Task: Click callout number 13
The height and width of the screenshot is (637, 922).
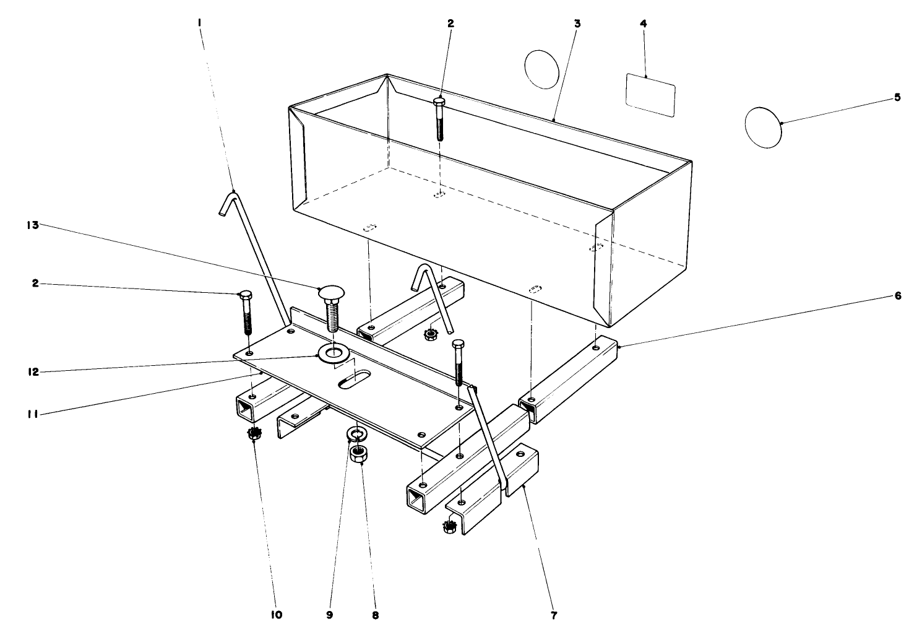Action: pyautogui.click(x=33, y=225)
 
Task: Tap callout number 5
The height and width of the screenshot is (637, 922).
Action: pyautogui.click(x=897, y=97)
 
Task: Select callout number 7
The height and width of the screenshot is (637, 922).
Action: pyautogui.click(x=554, y=615)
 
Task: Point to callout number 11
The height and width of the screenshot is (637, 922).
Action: pyautogui.click(x=33, y=415)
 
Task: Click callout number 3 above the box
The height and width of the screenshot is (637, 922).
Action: pyautogui.click(x=577, y=24)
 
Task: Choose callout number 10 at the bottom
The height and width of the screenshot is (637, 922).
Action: pyautogui.click(x=277, y=615)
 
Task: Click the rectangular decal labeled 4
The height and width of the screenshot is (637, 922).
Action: pyautogui.click(x=650, y=95)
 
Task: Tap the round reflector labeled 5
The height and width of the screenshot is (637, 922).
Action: pyautogui.click(x=763, y=128)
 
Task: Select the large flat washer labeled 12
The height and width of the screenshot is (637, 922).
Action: pyautogui.click(x=333, y=353)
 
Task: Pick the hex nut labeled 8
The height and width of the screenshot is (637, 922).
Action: pyautogui.click(x=358, y=454)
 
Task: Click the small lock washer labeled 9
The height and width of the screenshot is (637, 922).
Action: pyautogui.click(x=357, y=433)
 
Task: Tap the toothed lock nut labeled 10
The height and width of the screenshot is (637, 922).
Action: pyautogui.click(x=254, y=433)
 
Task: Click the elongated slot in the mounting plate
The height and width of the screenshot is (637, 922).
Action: pyautogui.click(x=355, y=379)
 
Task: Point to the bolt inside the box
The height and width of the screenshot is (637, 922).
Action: pyautogui.click(x=439, y=119)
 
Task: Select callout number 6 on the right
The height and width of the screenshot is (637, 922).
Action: pyautogui.click(x=898, y=296)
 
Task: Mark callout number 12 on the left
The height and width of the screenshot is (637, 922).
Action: pyautogui.click(x=33, y=372)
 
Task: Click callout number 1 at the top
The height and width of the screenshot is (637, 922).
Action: pyautogui.click(x=199, y=24)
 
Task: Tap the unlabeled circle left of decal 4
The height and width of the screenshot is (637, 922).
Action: pyautogui.click(x=541, y=69)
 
